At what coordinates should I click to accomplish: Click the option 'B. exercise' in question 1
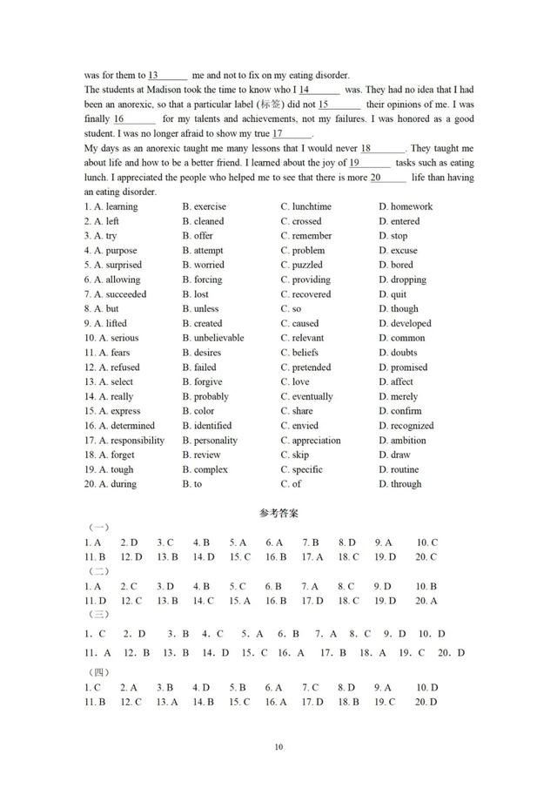(204, 206)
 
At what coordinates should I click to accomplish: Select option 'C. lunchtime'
(305, 206)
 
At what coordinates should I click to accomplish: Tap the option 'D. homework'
(405, 206)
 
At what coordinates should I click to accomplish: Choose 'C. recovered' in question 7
(305, 294)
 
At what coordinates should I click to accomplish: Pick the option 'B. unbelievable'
(212, 338)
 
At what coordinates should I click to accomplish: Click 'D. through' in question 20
(399, 484)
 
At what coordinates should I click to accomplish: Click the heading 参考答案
(278, 513)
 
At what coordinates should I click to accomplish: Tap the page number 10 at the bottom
(278, 747)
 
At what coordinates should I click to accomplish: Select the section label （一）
(99, 528)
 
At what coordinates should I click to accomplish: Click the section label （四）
(99, 672)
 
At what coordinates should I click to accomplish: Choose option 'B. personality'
(209, 441)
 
